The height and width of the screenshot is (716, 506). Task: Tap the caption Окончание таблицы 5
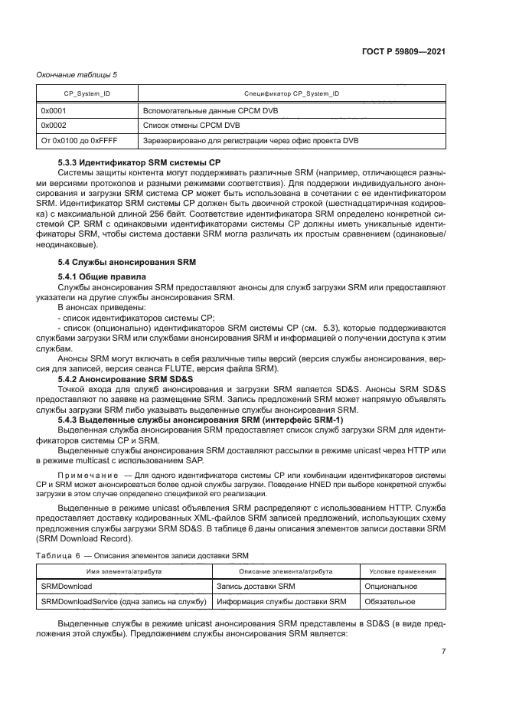(x=77, y=74)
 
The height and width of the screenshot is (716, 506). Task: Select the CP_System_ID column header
(x=87, y=93)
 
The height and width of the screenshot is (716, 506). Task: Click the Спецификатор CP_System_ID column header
(x=292, y=93)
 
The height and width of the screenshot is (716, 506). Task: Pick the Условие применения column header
(x=403, y=571)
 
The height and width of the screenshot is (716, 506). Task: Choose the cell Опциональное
(x=393, y=587)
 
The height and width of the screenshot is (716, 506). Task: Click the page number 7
(x=443, y=652)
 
